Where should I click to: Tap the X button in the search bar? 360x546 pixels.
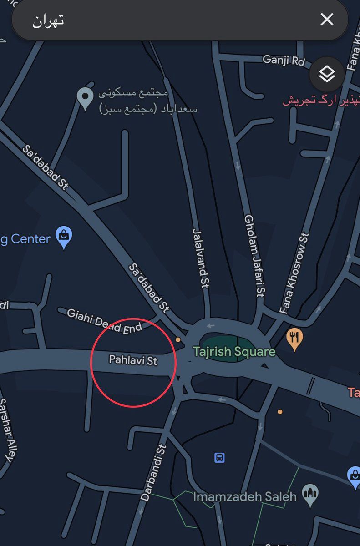coord(327,20)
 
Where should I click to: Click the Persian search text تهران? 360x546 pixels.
coord(48,20)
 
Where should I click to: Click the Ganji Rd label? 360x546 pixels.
coord(283,60)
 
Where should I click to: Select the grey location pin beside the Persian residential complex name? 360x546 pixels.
coord(85,97)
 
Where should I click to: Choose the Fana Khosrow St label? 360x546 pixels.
coord(295,273)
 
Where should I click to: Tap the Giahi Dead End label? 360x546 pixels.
coord(104,321)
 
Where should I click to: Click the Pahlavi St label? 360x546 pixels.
coord(133,360)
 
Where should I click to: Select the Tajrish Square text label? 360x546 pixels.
coord(234,352)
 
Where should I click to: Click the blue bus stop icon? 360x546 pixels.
coord(219,457)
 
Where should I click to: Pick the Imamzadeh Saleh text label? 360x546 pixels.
coord(245,496)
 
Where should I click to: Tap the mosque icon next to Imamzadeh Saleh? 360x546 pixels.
coord(310,495)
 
